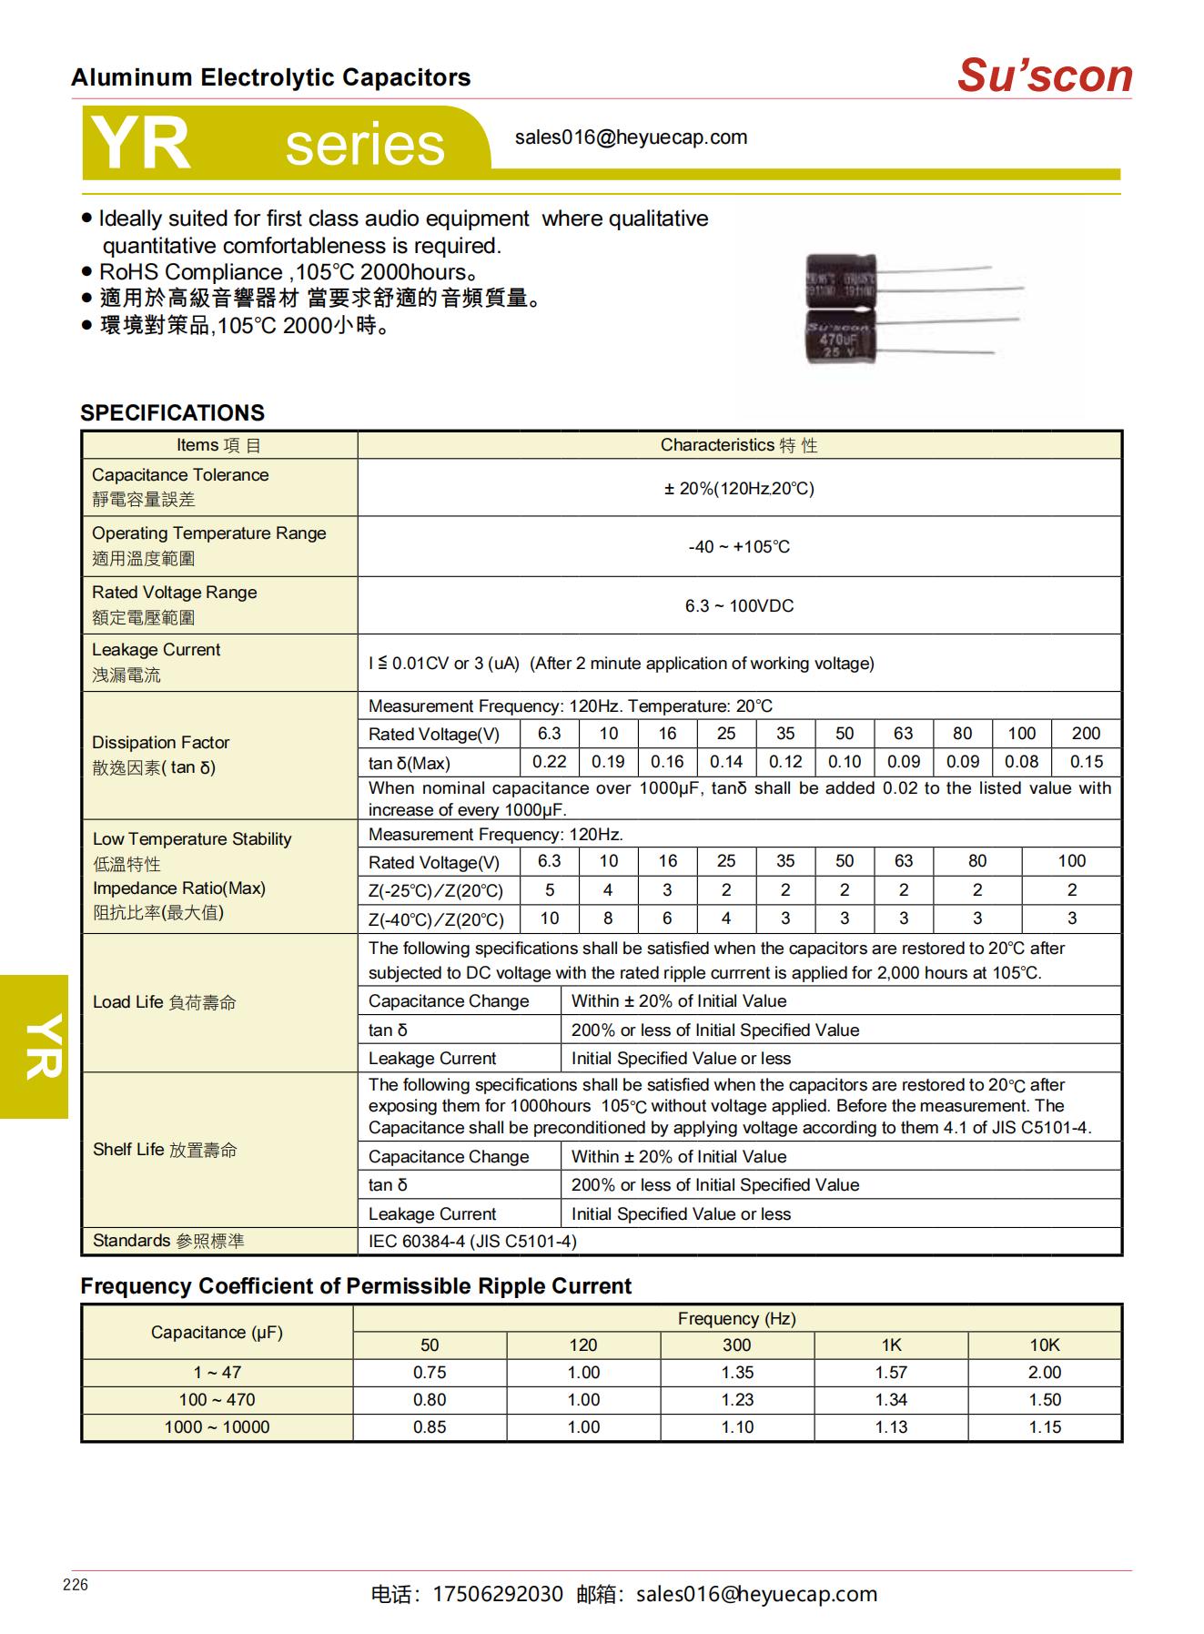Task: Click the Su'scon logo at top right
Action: (1044, 76)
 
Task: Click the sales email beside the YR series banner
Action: (631, 137)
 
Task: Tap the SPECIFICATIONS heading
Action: (172, 412)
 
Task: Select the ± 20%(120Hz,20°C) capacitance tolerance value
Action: (739, 489)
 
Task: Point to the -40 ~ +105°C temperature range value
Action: (739, 547)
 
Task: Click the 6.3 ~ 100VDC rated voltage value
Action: (739, 606)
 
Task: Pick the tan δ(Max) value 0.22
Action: (549, 762)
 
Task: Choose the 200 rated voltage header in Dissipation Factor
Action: (1086, 734)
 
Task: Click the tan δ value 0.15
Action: (1086, 762)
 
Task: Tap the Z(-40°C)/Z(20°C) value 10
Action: (549, 918)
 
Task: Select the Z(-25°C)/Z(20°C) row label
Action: (435, 891)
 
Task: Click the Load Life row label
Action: (164, 1002)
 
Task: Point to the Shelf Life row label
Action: (164, 1150)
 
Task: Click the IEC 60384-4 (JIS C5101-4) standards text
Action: (472, 1241)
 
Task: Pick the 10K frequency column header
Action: (1044, 1345)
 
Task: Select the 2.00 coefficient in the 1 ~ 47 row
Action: (1045, 1372)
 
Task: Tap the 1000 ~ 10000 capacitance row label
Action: (217, 1427)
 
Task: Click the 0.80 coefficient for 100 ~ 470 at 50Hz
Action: (430, 1400)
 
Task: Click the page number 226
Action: (76, 1585)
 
